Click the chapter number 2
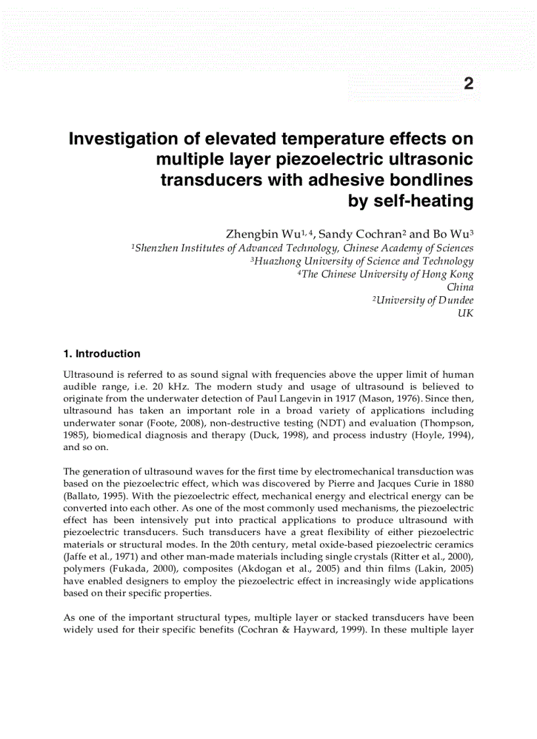coord(468,84)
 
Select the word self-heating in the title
coord(411,201)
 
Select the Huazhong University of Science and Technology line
coord(362,261)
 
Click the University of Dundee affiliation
coord(422,301)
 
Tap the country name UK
coord(465,314)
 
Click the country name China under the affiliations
coord(460,288)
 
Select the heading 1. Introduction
coord(101,353)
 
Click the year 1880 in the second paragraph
coord(463,484)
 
